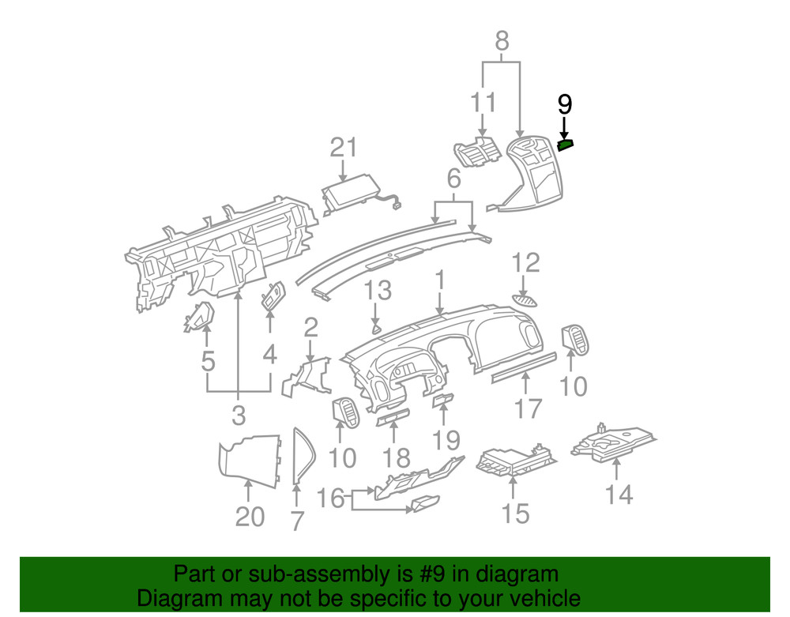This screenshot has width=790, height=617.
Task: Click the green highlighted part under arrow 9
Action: tap(565, 144)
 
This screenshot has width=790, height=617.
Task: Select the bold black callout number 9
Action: tap(564, 103)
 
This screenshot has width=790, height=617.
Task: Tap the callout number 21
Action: tap(344, 148)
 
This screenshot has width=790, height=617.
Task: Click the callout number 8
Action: tap(502, 40)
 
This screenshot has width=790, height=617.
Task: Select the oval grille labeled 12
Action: tap(525, 299)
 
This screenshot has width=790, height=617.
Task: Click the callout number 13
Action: tap(378, 290)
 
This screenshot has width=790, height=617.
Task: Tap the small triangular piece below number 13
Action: tap(377, 327)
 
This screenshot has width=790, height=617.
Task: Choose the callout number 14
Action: tap(619, 495)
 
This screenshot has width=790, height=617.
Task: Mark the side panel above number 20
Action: tap(250, 458)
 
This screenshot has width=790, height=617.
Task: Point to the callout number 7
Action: tap(296, 521)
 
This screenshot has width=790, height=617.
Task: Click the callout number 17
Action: tap(529, 408)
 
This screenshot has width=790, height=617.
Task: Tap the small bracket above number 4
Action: tap(273, 296)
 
